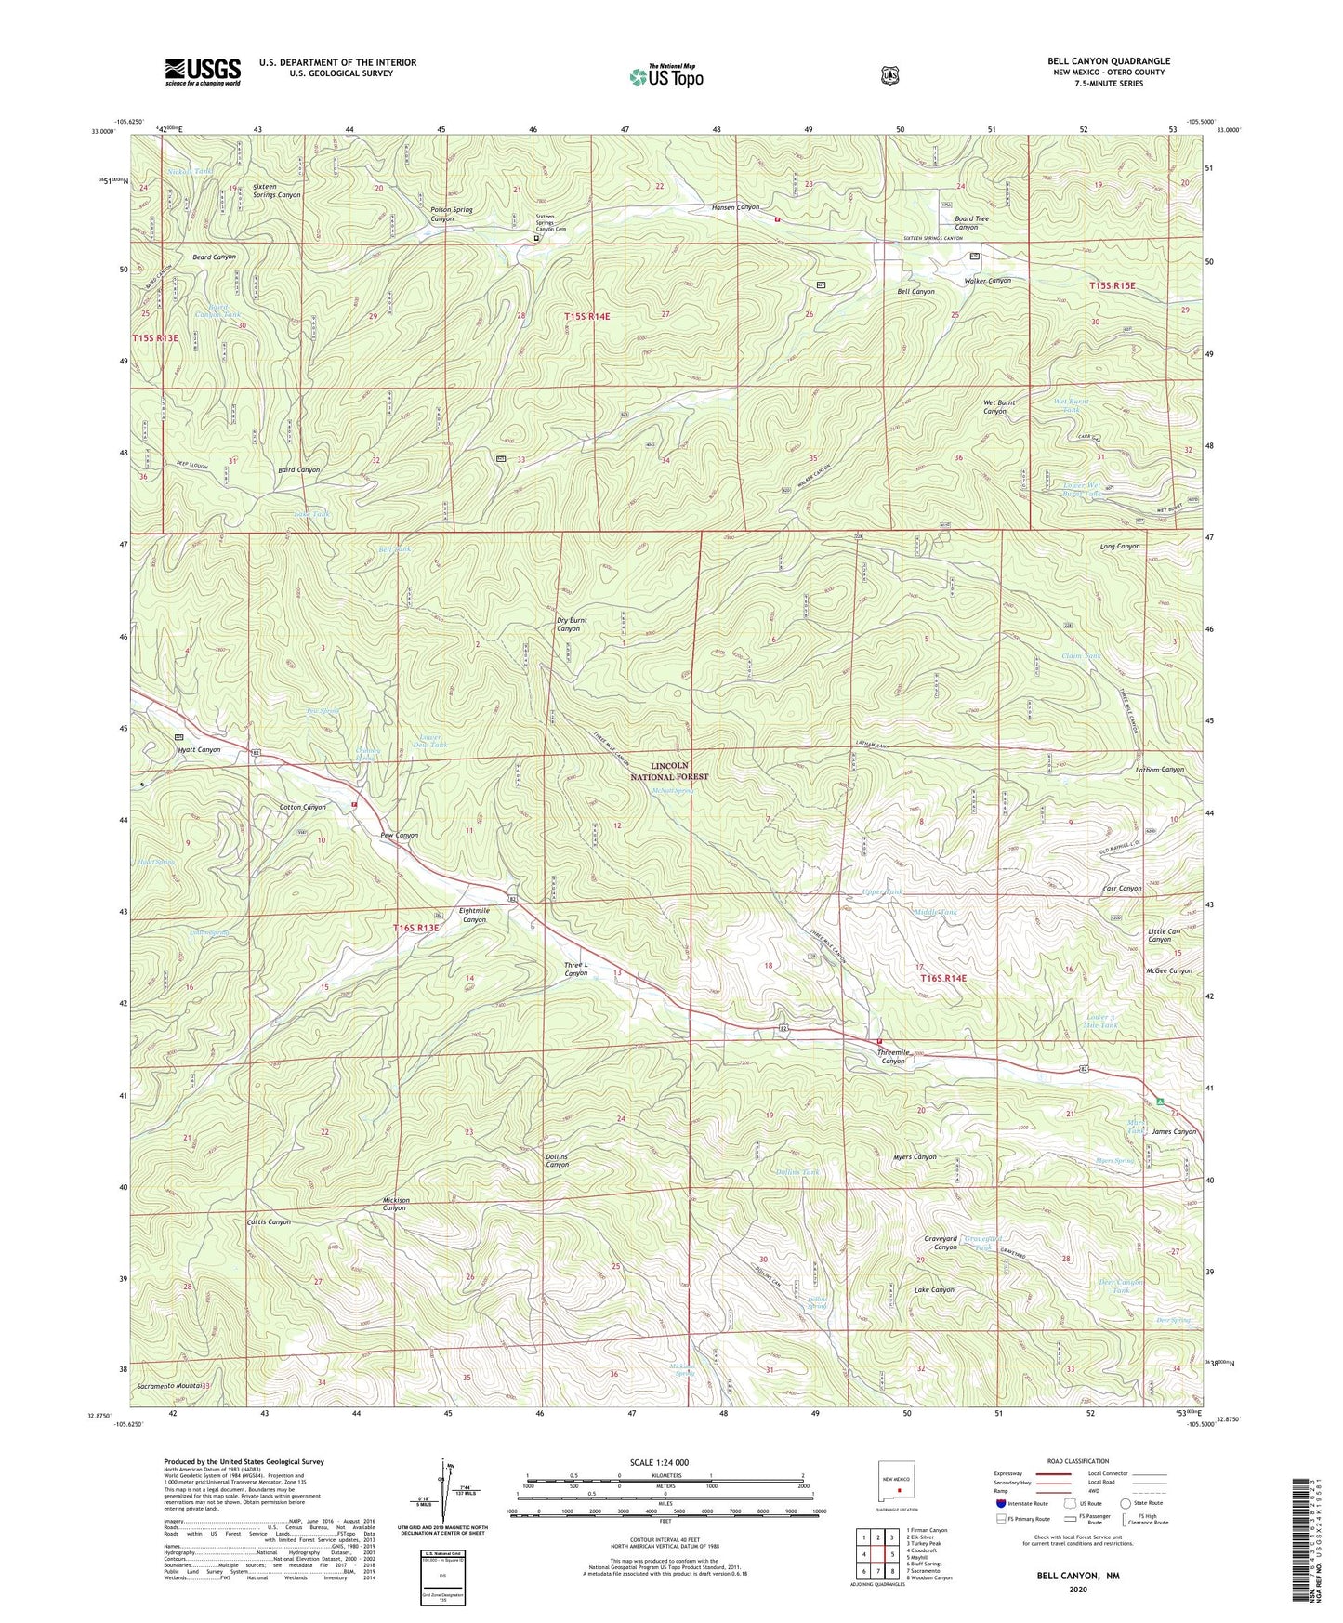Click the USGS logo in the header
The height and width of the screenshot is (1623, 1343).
pyautogui.click(x=203, y=72)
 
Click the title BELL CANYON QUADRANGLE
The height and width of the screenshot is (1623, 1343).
pyautogui.click(x=1108, y=61)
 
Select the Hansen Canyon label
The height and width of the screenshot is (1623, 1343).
pyautogui.click(x=736, y=207)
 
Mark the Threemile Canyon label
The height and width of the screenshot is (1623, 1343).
pyautogui.click(x=893, y=1056)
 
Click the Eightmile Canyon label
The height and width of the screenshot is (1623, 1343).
pyautogui.click(x=474, y=915)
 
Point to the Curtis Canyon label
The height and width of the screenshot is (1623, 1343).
pyautogui.click(x=269, y=1221)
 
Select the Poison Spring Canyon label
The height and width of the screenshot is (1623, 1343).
pyautogui.click(x=452, y=214)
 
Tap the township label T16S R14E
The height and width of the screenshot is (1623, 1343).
pyautogui.click(x=943, y=978)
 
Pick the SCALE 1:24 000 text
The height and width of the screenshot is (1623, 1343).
pyautogui.click(x=659, y=1462)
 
